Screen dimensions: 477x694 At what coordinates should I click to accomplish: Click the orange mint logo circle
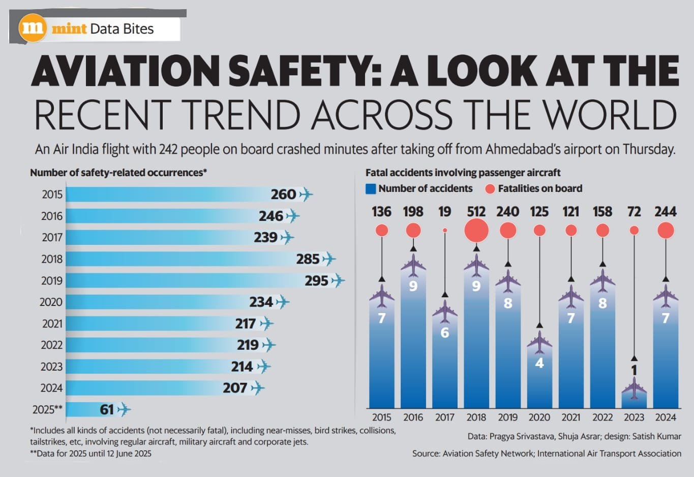click(x=33, y=28)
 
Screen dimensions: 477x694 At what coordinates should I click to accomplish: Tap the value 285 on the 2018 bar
click(x=308, y=259)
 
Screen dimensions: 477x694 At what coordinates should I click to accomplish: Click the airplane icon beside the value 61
click(x=124, y=409)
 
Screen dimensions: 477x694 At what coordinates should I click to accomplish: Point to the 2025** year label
click(x=47, y=410)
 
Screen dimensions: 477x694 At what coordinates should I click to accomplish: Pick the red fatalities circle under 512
click(x=476, y=231)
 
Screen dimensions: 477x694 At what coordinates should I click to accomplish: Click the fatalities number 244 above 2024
click(x=666, y=212)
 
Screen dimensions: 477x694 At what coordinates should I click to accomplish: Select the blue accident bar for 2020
click(x=539, y=377)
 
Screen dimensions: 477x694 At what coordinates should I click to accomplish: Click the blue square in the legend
click(x=371, y=189)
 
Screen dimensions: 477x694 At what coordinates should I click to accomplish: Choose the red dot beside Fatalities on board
click(x=490, y=189)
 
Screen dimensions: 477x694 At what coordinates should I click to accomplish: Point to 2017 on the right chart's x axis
click(x=445, y=417)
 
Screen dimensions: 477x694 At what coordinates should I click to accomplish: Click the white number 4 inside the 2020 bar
click(x=539, y=363)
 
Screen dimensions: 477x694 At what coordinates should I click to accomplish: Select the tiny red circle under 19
click(x=445, y=231)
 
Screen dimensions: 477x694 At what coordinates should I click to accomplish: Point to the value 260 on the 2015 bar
click(x=283, y=194)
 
